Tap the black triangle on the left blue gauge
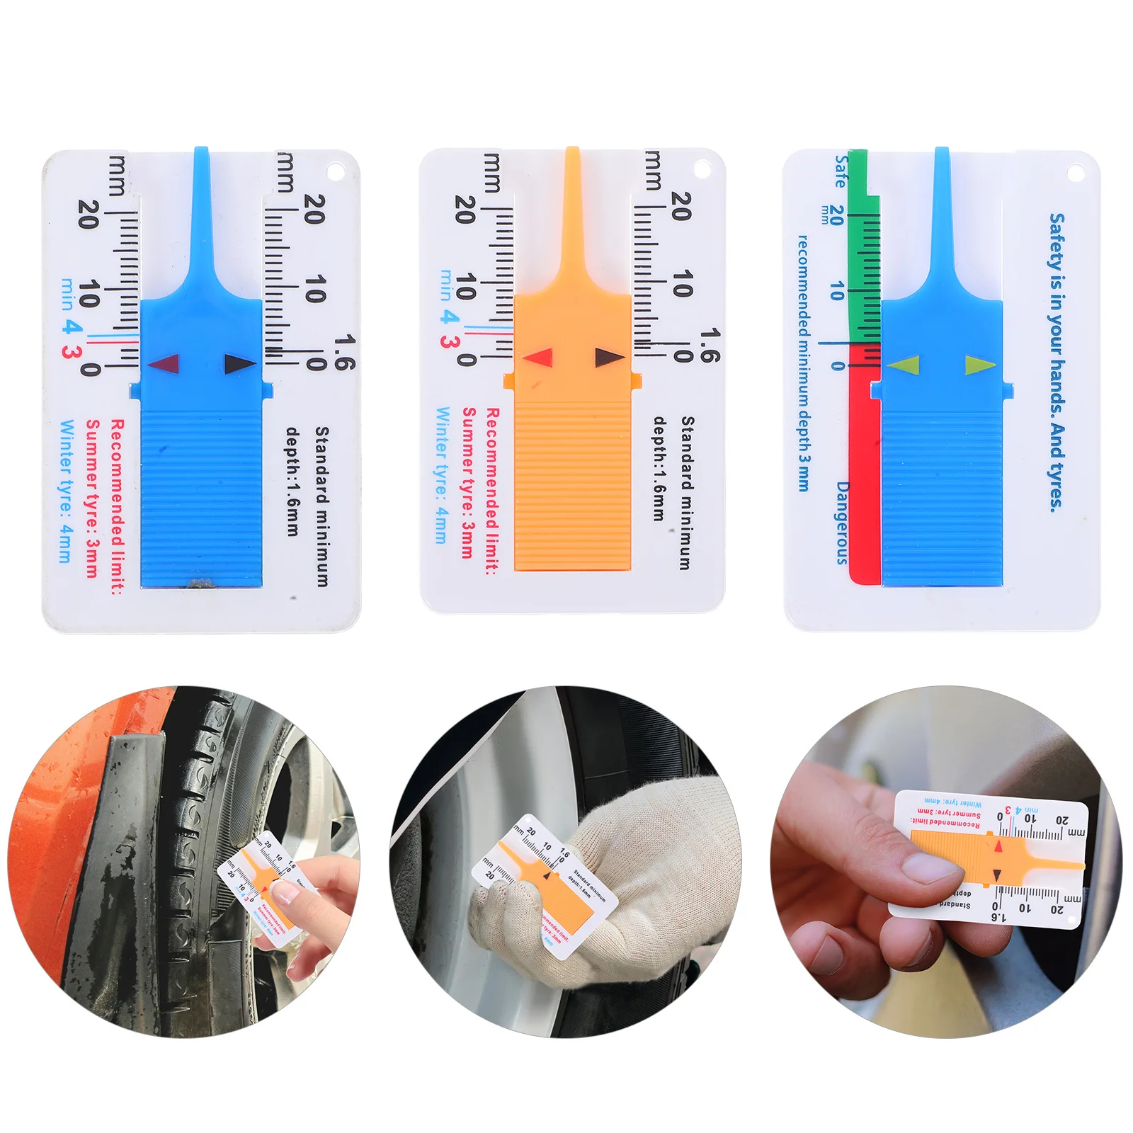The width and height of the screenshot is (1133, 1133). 239,364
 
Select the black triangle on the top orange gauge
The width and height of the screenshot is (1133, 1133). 608,357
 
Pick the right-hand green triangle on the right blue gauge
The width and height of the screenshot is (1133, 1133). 979,365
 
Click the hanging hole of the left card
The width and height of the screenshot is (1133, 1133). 334,172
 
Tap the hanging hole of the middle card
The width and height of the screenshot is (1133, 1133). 702,169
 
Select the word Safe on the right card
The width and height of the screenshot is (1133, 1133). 841,171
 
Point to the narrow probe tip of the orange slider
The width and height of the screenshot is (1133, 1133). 572,184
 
